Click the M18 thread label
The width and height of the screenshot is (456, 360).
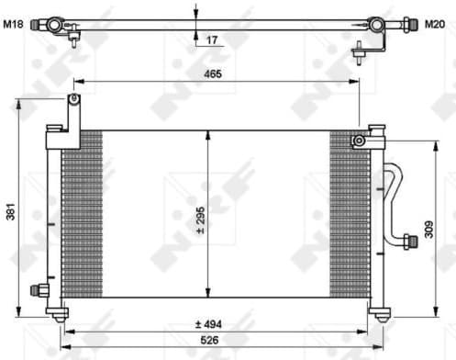pos(13,24)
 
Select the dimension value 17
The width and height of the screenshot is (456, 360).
pos(212,39)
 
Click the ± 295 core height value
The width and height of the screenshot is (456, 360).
pos(199,219)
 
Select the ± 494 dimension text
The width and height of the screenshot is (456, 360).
pos(210,323)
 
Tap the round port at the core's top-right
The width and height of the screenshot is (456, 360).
pos(361,141)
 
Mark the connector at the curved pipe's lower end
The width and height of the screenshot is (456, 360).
pos(405,242)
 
